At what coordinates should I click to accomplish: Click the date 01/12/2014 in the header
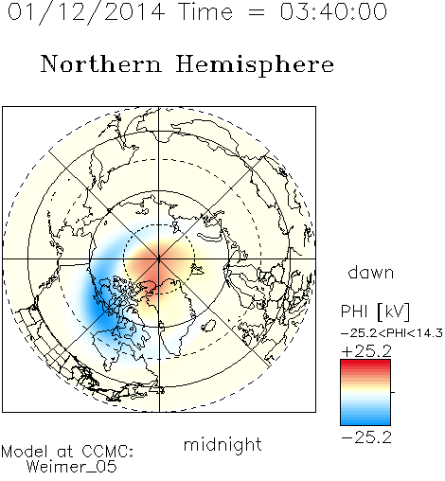click(x=86, y=12)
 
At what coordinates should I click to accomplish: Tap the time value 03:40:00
click(x=333, y=11)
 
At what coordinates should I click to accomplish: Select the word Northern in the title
click(x=101, y=63)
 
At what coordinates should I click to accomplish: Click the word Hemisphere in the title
click(x=255, y=65)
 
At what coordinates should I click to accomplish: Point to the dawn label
click(x=371, y=272)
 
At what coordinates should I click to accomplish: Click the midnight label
click(x=222, y=445)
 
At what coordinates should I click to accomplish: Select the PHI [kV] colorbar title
click(x=375, y=312)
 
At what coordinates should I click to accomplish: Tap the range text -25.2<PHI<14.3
click(x=392, y=333)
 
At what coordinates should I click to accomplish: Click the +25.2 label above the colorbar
click(x=366, y=351)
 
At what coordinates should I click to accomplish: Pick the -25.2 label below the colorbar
click(x=366, y=437)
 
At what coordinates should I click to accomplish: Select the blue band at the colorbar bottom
click(x=365, y=420)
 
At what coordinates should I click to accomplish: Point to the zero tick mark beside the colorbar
click(x=393, y=392)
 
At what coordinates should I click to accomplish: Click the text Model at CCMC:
click(x=67, y=452)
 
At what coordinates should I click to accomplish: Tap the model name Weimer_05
click(x=72, y=467)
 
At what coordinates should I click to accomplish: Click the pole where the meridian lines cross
click(x=159, y=258)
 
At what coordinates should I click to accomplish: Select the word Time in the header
click(x=205, y=11)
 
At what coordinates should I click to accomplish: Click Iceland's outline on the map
click(x=209, y=326)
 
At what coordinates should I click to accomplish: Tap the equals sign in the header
click(x=256, y=12)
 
